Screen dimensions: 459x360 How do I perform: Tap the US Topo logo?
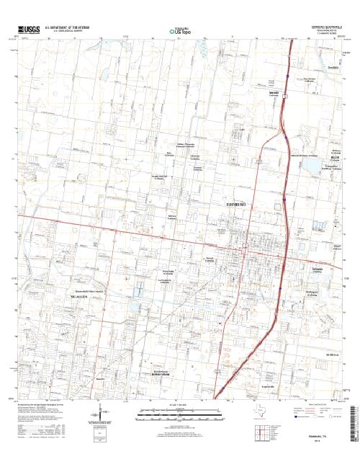coord(180,31)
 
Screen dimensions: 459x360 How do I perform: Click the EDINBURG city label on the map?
coord(233,205)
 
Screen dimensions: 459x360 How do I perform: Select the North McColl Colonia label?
coord(158,177)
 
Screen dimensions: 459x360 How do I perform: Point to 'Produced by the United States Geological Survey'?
coord(43,406)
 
